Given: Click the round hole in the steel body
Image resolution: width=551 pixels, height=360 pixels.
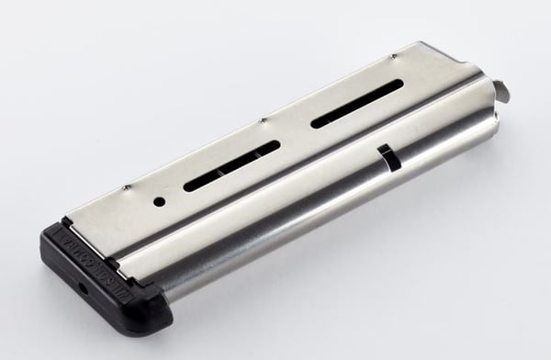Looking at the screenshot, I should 159,200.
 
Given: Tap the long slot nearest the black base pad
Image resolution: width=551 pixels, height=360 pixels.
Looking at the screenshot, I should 232,168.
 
